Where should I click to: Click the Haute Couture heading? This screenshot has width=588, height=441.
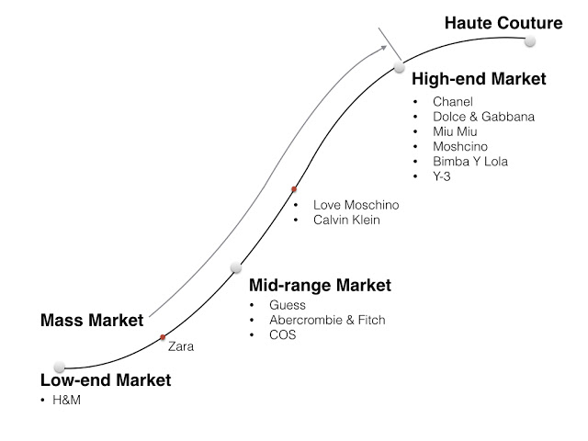point(503,22)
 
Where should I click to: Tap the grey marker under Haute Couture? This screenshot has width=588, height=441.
point(529,41)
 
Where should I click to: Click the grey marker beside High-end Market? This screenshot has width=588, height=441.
point(399,67)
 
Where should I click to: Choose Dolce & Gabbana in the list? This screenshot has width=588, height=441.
point(483,117)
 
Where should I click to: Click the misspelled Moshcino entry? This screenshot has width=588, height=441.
point(460,146)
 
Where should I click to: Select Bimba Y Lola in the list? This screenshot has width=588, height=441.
point(470,161)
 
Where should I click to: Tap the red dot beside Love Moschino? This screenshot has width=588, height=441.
point(294,189)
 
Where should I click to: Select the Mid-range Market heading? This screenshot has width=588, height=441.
point(320,286)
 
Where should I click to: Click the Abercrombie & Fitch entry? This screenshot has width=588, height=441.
point(327,320)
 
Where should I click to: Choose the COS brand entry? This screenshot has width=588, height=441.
point(283,334)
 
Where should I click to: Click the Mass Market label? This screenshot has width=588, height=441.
point(92,322)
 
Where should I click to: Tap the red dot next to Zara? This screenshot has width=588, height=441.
point(163,337)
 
